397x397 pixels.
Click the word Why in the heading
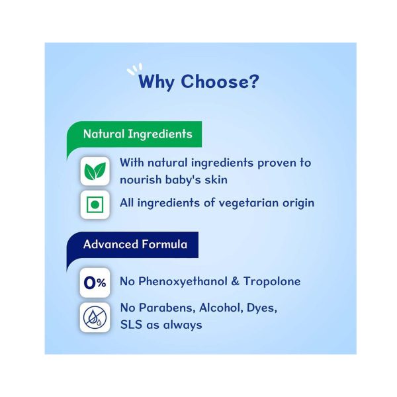pos(156,82)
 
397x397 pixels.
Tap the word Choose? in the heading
pos(220,81)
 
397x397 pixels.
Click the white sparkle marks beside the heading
pos(134,69)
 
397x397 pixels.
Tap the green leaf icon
pos(95,171)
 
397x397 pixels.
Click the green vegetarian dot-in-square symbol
pos(95,204)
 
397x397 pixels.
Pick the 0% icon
pos(95,283)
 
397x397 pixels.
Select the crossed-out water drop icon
pos(95,317)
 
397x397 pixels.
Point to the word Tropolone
pos(272,282)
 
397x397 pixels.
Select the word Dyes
pos(262,308)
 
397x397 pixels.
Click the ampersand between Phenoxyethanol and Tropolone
pos(235,282)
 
